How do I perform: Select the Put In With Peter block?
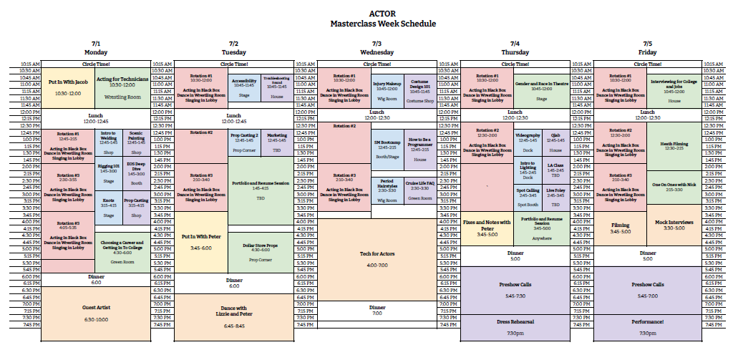click(200, 242)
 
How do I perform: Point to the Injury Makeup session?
click(387, 90)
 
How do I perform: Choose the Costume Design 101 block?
click(420, 91)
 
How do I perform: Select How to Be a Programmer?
click(420, 146)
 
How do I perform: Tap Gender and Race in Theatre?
click(542, 87)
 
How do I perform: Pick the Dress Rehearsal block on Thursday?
click(515, 328)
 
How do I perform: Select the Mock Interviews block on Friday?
click(674, 225)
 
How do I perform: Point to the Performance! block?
click(647, 328)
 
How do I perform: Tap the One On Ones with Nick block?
click(674, 186)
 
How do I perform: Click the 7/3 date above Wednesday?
click(377, 44)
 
